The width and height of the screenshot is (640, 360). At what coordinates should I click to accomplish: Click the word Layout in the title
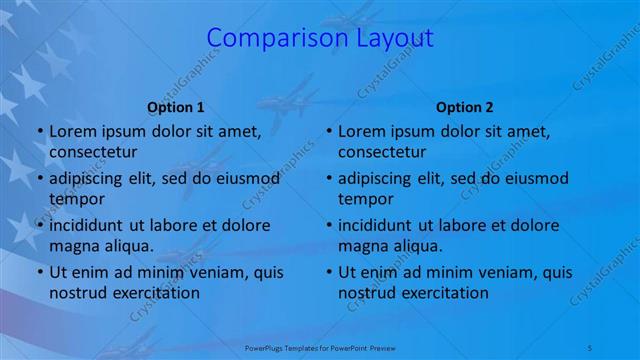[x=396, y=38]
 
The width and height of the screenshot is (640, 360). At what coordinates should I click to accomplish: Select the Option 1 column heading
[x=176, y=107]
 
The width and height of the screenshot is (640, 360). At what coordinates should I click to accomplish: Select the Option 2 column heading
[x=465, y=107]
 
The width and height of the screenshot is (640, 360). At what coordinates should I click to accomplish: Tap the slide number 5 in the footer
[x=589, y=346]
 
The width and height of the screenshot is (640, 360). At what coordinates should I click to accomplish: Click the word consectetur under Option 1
[x=93, y=152]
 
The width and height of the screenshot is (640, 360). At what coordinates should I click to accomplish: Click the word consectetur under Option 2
[x=382, y=152]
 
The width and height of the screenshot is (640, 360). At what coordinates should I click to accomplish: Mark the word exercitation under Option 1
[x=155, y=293]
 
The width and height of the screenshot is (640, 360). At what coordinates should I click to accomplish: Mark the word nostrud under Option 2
[x=367, y=293]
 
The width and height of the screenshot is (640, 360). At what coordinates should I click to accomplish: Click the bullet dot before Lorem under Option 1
[x=38, y=131]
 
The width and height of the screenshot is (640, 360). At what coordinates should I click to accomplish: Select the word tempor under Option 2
[x=365, y=199]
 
